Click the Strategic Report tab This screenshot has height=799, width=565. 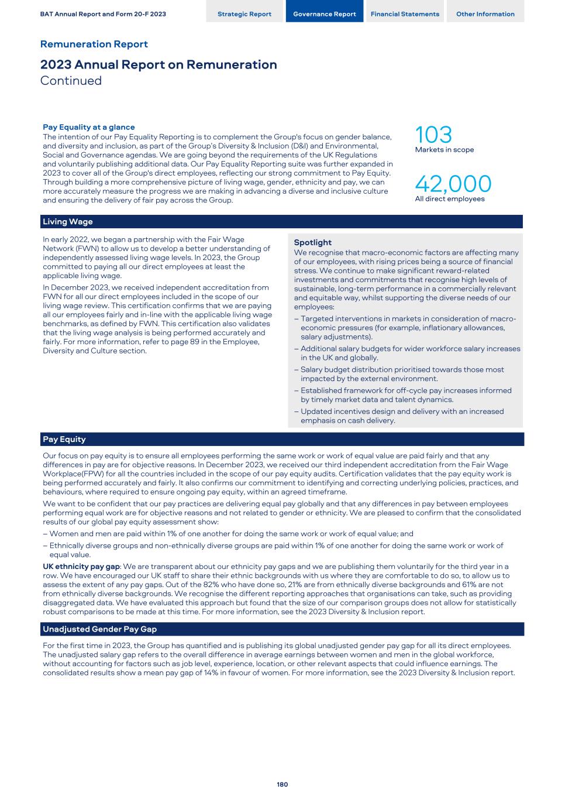244,14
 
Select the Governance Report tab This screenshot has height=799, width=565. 324,14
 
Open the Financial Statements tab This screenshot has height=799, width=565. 405,14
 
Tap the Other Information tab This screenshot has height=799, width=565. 485,14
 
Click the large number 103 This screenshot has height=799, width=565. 433,135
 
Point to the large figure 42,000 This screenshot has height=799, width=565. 453,184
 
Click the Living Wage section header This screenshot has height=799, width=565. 68,222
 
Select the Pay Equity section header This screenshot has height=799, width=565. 64,440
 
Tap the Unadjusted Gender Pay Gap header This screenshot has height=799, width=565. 100,629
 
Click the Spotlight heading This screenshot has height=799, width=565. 312,242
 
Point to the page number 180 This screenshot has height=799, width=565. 282,784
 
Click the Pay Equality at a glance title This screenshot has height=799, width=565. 89,127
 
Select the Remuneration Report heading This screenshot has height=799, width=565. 94,44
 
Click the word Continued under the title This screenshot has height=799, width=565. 71,81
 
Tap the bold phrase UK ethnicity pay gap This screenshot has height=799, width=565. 81,567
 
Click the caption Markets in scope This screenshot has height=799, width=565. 445,150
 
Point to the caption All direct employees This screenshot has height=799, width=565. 450,199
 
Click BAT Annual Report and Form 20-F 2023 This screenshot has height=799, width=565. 103,14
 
